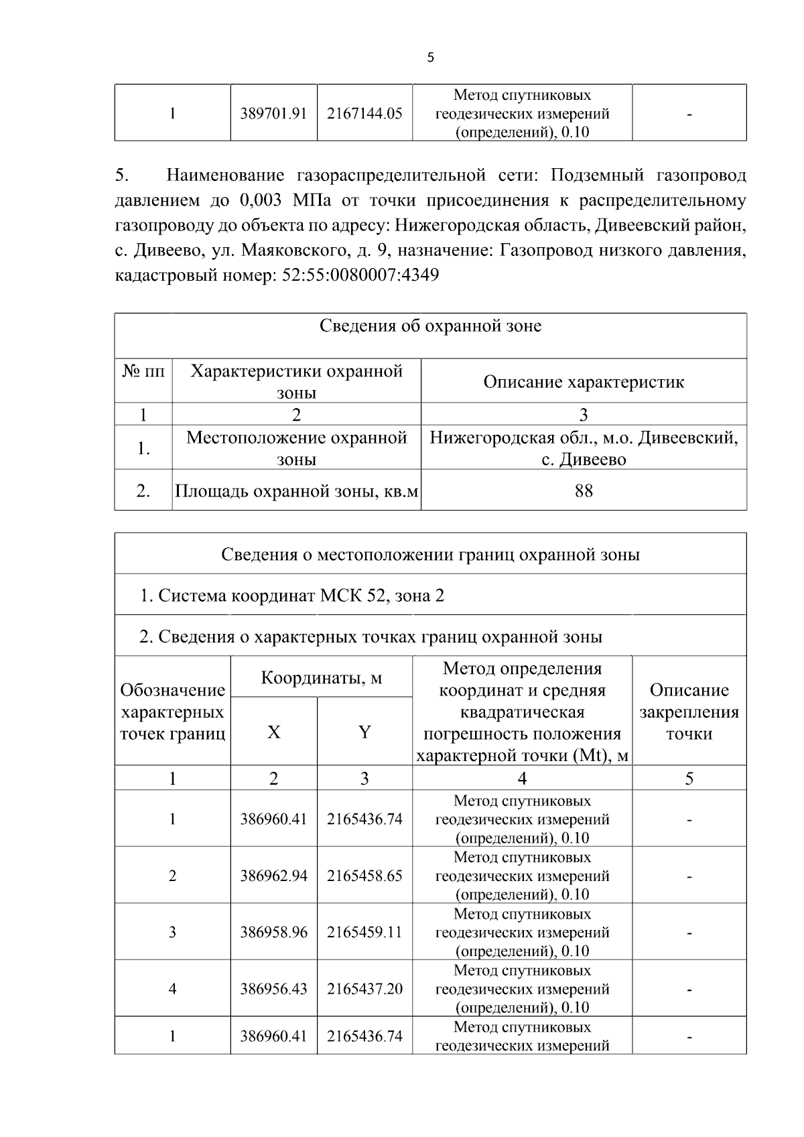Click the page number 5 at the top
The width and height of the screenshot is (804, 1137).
click(x=430, y=58)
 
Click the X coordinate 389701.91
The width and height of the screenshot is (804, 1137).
click(x=273, y=113)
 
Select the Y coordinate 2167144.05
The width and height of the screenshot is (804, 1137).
click(x=364, y=113)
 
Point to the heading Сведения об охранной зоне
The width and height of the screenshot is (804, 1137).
click(x=430, y=326)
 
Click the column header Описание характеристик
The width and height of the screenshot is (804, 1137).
click(x=584, y=382)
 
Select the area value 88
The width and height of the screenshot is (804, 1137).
click(x=584, y=491)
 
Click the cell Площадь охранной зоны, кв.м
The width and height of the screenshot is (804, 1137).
click(x=296, y=491)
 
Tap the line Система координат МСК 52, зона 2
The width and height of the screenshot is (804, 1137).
click(x=291, y=596)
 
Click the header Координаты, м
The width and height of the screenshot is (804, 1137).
click(x=321, y=677)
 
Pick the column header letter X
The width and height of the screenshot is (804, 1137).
click(x=273, y=732)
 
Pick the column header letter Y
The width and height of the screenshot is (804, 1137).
click(x=364, y=732)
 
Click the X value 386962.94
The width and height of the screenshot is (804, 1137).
click(x=273, y=876)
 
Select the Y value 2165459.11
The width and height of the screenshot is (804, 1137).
click(x=364, y=932)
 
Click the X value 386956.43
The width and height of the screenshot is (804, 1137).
click(x=273, y=989)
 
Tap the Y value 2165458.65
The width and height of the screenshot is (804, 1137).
click(x=364, y=876)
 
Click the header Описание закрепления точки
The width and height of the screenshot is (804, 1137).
click(x=689, y=712)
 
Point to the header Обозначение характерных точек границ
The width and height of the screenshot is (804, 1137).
click(x=172, y=712)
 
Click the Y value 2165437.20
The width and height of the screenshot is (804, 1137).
click(x=364, y=989)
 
